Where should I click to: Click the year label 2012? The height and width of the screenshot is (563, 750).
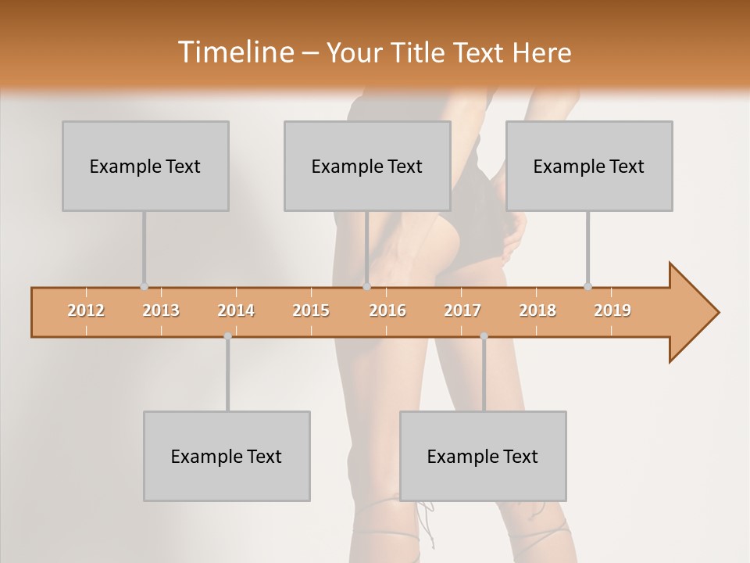(86, 310)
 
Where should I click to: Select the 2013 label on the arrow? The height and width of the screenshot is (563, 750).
(161, 310)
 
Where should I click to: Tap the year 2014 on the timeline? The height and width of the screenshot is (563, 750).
(236, 310)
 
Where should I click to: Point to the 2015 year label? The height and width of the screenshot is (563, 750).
(311, 310)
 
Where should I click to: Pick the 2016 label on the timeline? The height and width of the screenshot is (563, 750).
(387, 310)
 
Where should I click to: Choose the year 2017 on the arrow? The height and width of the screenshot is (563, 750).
(462, 310)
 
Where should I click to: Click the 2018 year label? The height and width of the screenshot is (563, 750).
(537, 310)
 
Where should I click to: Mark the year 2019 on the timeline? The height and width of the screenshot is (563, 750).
(612, 310)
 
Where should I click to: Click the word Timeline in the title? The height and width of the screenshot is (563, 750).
(234, 52)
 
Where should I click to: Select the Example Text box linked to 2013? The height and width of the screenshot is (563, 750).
(145, 166)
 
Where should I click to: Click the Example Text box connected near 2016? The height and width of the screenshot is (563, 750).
(367, 166)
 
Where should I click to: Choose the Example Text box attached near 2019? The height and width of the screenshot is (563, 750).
(589, 166)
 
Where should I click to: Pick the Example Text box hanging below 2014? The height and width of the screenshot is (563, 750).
(227, 456)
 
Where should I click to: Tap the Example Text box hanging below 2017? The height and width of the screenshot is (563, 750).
(483, 456)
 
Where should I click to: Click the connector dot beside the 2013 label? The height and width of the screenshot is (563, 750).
(144, 287)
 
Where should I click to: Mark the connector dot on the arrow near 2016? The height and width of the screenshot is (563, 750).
(366, 287)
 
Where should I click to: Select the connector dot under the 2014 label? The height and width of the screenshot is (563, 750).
(227, 335)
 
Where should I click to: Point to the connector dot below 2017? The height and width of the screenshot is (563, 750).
(484, 335)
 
